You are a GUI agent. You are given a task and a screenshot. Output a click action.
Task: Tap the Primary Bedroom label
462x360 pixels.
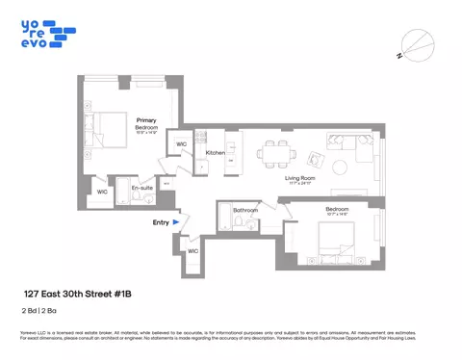tap(146, 123)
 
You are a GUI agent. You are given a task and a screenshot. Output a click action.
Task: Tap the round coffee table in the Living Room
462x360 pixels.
tap(343, 167)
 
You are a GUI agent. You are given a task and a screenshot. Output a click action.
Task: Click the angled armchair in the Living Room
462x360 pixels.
tap(315, 159)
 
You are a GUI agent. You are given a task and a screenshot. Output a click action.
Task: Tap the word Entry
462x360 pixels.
tap(160, 222)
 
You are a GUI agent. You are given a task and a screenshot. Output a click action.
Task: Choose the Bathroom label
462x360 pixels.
tap(244, 209)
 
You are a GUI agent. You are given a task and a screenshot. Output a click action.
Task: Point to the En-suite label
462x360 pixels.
tap(141, 189)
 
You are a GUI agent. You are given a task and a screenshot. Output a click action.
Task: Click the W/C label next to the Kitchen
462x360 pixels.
tap(179, 145)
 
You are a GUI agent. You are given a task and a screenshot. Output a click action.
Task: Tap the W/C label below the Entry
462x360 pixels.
tap(192, 251)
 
